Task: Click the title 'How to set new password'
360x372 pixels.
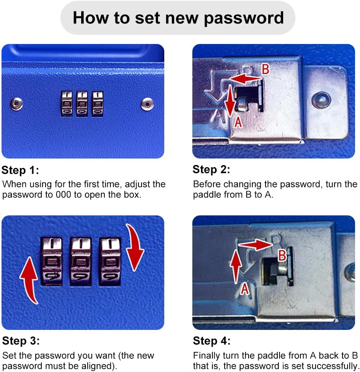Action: pyautogui.click(x=178, y=18)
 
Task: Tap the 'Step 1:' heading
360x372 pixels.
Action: pyautogui.click(x=20, y=170)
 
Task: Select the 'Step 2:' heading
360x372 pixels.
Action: pyautogui.click(x=211, y=170)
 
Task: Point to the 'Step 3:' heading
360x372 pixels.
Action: pyautogui.click(x=21, y=341)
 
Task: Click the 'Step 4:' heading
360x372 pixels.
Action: pyautogui.click(x=212, y=341)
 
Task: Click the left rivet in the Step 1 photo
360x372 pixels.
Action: pyautogui.click(x=16, y=104)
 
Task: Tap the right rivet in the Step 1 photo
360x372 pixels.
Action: pyautogui.click(x=147, y=104)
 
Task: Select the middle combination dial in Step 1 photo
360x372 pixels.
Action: pyautogui.click(x=82, y=104)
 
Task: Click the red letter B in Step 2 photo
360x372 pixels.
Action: pyautogui.click(x=266, y=69)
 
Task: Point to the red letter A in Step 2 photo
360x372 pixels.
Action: pyautogui.click(x=238, y=122)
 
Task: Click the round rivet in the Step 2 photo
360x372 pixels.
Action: pyautogui.click(x=321, y=100)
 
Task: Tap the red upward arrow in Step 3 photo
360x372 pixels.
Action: pyautogui.click(x=29, y=280)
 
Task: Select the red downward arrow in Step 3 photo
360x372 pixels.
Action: pyautogui.click(x=135, y=247)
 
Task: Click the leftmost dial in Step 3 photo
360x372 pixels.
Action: pyautogui.click(x=52, y=261)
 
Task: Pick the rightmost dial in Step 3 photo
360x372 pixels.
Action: pyautogui.click(x=110, y=262)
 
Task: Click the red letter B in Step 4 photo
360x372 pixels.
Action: pyautogui.click(x=282, y=255)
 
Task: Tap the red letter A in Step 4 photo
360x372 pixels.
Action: pyautogui.click(x=245, y=289)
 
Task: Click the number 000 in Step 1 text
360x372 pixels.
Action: pyautogui.click(x=63, y=195)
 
